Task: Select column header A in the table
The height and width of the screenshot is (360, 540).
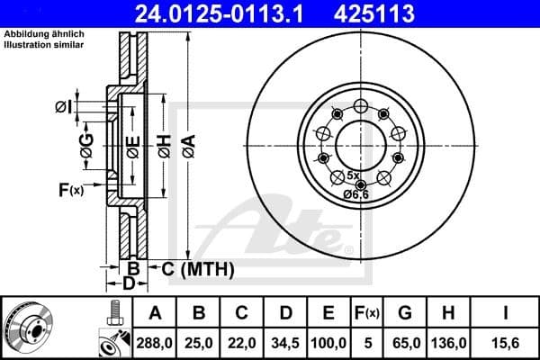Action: [x=154, y=313]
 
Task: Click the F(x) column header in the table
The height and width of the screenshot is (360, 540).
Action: [x=366, y=313]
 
